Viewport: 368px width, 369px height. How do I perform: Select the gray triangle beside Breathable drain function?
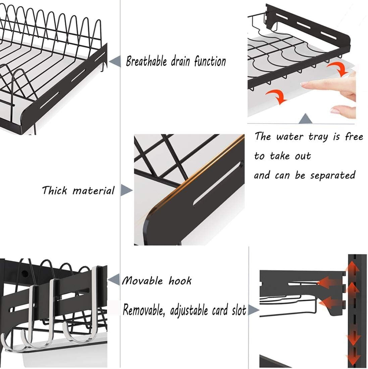(115, 61)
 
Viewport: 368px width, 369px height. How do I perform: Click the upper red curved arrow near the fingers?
(337, 69)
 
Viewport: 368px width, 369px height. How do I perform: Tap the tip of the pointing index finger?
(303, 86)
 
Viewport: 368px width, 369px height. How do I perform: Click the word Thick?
(55, 191)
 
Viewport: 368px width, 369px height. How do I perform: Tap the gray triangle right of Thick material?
(126, 190)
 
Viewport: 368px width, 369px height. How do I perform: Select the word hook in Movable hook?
(180, 280)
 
